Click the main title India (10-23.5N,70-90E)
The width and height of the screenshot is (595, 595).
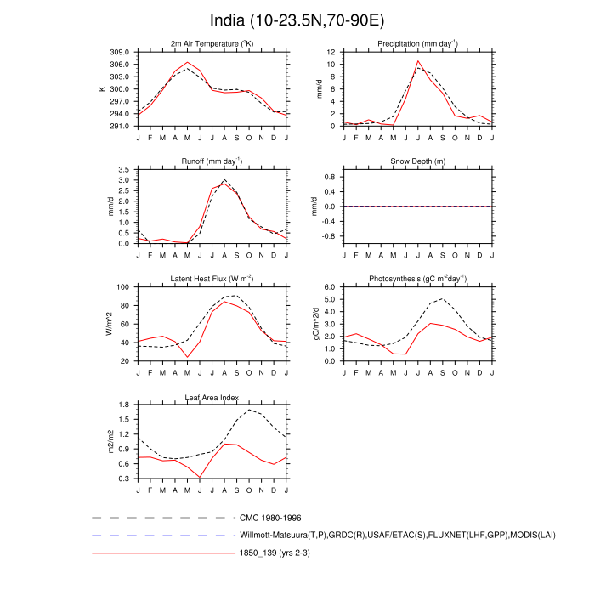pyautogui.click(x=297, y=20)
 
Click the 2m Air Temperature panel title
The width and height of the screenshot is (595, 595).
pyautogui.click(x=212, y=43)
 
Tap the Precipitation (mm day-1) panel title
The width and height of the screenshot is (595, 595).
pyautogui.click(x=417, y=43)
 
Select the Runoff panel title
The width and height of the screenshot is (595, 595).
pyautogui.click(x=212, y=161)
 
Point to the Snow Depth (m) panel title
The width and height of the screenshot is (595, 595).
pyautogui.click(x=417, y=161)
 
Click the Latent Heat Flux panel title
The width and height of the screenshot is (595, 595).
pyautogui.click(x=212, y=279)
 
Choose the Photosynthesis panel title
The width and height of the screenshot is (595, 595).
pyautogui.click(x=417, y=279)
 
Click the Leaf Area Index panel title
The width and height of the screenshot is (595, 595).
pyautogui.click(x=212, y=397)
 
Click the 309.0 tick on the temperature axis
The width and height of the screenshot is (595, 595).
pyautogui.click(x=120, y=53)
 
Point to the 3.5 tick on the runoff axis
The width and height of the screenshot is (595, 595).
pyautogui.click(x=124, y=170)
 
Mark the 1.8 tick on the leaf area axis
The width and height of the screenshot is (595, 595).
pyautogui.click(x=124, y=405)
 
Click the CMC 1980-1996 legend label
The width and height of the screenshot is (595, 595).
pyautogui.click(x=271, y=517)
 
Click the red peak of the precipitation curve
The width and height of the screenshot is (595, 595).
pyautogui.click(x=417, y=61)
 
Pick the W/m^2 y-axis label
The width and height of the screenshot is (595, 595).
pyautogui.click(x=109, y=324)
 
